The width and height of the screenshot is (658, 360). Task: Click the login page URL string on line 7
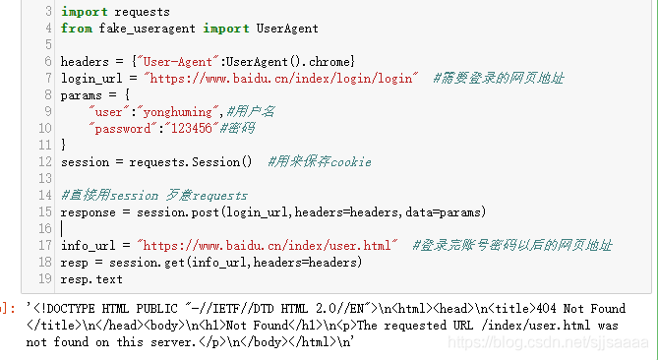(x=281, y=78)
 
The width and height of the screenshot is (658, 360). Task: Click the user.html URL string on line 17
(x=269, y=245)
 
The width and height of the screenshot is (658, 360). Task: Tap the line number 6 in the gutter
(x=48, y=62)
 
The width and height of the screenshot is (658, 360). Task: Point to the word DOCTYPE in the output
(x=75, y=307)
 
